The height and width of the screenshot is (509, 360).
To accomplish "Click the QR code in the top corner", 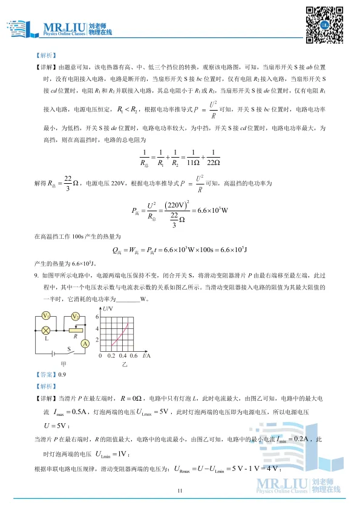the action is pyautogui.click(x=324, y=25).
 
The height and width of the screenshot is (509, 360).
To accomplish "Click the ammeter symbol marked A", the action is pyautogui.click(x=85, y=343).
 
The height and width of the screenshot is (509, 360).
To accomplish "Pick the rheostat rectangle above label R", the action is pyautogui.click(x=75, y=330).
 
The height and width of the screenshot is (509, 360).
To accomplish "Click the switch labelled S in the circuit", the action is pyautogui.click(x=71, y=351).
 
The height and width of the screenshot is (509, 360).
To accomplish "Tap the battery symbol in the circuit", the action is pyautogui.click(x=54, y=352).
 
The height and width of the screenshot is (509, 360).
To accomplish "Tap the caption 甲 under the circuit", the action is pyautogui.click(x=64, y=365).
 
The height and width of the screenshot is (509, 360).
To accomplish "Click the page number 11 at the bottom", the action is pyautogui.click(x=180, y=491).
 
